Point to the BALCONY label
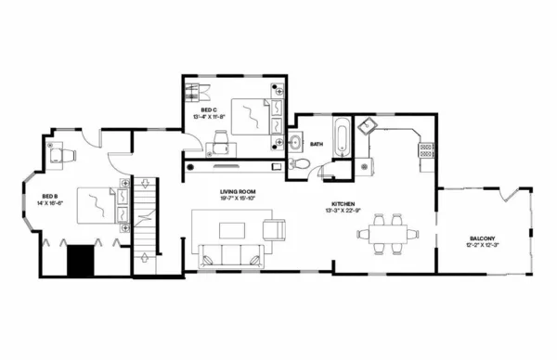482,239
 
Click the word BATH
317,144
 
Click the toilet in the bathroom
299,164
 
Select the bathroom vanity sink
295,142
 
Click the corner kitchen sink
367,125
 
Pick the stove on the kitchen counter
426,148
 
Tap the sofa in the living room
229,255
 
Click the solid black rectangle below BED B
82,260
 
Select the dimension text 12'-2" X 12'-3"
482,246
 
